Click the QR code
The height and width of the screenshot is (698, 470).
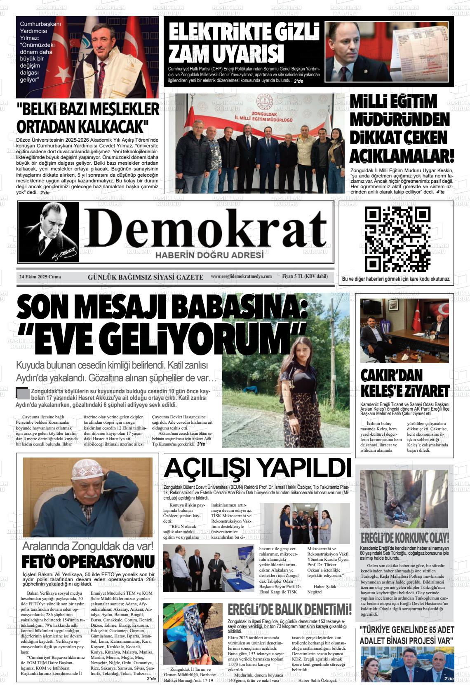[x=397, y=239]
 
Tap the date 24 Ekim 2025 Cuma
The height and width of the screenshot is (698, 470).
[x=40, y=277]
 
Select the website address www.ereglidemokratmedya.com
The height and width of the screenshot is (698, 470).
[x=241, y=276]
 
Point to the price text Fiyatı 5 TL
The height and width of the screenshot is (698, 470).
[x=305, y=276]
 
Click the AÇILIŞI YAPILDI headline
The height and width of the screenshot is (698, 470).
[x=257, y=468]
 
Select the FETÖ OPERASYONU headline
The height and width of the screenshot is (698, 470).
[x=88, y=562]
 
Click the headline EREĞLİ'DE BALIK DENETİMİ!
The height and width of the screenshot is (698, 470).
[x=289, y=609]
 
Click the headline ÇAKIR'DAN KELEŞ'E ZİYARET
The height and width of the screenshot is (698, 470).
[x=404, y=383]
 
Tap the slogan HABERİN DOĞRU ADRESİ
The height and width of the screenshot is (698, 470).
[x=209, y=255]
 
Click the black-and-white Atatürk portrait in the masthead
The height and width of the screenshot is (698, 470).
[x=49, y=232]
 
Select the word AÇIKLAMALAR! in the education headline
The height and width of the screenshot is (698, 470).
[x=402, y=156]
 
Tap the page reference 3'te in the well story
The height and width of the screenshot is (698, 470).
[x=201, y=444]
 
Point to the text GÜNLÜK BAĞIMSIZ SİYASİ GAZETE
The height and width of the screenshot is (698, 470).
[x=145, y=277]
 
